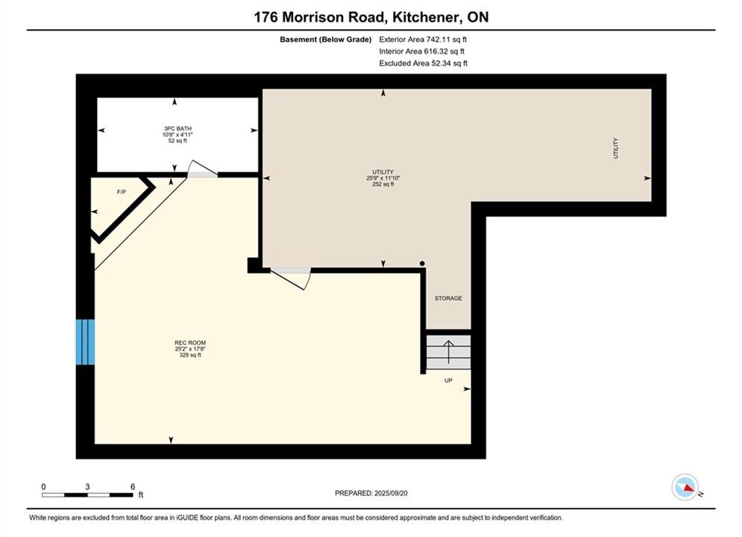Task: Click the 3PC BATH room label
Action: tap(177, 129)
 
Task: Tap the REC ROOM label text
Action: tap(190, 343)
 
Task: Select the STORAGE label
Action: tap(448, 298)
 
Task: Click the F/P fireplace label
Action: tap(122, 192)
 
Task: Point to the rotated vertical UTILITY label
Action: tap(616, 148)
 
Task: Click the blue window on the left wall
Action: tap(85, 342)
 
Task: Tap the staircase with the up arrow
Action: tap(449, 352)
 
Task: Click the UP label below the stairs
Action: tap(448, 380)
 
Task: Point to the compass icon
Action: tap(685, 487)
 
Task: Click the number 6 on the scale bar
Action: tap(133, 486)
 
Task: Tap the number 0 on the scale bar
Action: tap(43, 486)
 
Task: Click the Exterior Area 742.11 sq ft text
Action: tap(423, 40)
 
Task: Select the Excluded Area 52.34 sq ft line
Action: tap(423, 63)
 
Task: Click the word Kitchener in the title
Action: tap(425, 17)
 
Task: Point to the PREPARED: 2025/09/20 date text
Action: tap(371, 493)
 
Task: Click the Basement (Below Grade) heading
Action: tap(326, 40)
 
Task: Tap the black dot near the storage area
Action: tap(422, 263)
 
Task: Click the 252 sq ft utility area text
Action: tap(383, 184)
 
